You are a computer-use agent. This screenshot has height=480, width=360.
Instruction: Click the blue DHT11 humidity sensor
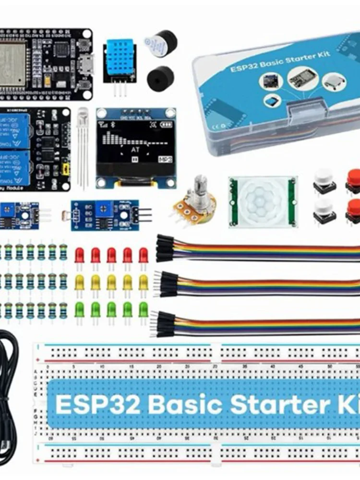point(119,61)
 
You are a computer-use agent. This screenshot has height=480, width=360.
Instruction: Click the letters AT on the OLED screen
point(135,149)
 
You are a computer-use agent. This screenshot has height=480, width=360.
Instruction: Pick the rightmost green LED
point(143,309)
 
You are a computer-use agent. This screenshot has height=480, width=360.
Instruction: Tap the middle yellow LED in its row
point(111,282)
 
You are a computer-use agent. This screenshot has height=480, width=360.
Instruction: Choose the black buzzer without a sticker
point(159,77)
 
